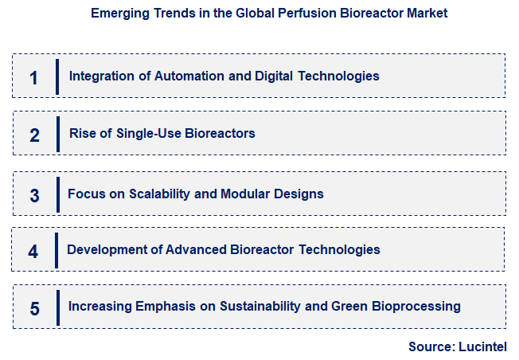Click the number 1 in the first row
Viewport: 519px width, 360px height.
tap(33, 77)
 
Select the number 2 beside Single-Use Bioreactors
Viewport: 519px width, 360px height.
tap(34, 135)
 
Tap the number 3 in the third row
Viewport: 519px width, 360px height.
tap(34, 195)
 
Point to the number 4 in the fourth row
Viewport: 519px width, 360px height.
tap(33, 251)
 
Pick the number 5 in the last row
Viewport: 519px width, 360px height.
tap(34, 308)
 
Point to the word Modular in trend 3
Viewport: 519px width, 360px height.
tap(242, 194)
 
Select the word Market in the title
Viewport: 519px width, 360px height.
tap(427, 14)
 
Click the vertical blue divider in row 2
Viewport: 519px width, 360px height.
tap(57, 134)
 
